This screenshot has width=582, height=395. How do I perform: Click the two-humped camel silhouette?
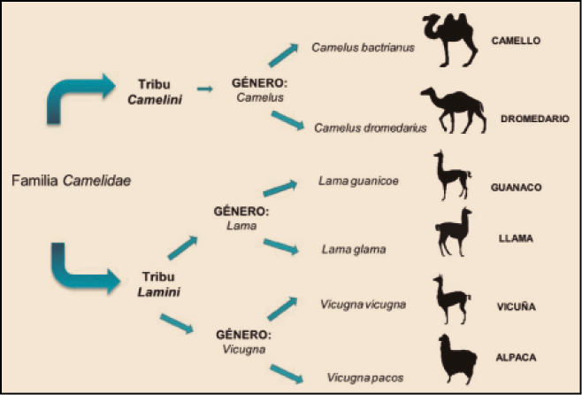point(465,43)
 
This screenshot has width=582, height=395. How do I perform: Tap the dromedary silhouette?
point(453,112)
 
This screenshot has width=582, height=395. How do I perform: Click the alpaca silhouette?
point(459,361)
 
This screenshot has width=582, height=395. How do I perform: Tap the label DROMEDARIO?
point(534,118)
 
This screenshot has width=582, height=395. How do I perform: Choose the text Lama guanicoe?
point(358,181)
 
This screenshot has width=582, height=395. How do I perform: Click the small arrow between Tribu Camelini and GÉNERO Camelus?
point(204,89)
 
